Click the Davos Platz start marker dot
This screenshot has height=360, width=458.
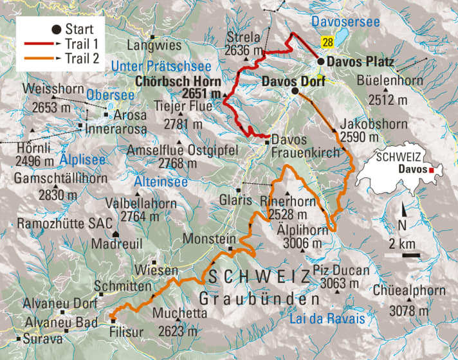[x=320, y=62]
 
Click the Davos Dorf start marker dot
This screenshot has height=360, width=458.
[x=295, y=92]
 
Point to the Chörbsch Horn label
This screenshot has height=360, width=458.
[x=178, y=82]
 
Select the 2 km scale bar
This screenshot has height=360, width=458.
[x=405, y=255]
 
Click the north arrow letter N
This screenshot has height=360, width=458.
[x=403, y=225]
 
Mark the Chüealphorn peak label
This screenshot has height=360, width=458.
[x=412, y=291]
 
